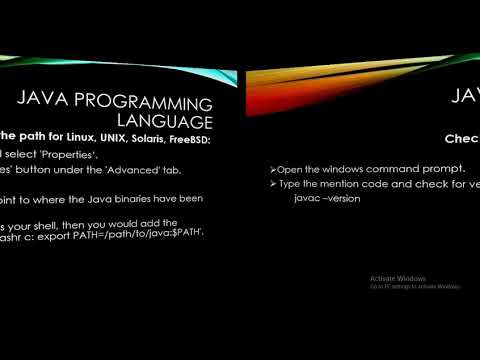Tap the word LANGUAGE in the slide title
click(174, 120)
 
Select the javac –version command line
click(328, 199)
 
